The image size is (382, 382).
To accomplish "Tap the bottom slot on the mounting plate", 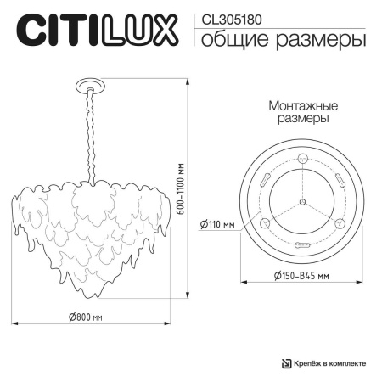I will [x=302, y=242].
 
